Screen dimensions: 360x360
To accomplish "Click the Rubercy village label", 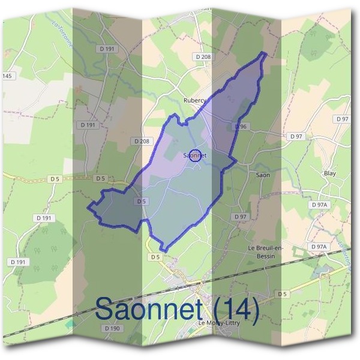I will (194, 100).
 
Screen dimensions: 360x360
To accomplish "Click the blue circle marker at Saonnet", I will (194, 155).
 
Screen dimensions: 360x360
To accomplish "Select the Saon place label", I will (263, 175).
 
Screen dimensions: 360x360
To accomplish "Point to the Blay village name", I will (329, 173).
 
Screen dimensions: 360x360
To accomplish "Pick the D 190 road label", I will (112, 328).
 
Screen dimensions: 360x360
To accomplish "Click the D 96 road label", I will (240, 127).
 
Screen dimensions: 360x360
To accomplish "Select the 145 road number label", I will (7, 76).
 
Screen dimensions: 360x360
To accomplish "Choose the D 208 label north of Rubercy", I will (204, 56).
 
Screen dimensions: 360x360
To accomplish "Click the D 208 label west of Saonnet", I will (142, 141).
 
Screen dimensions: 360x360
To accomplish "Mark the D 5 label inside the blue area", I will (142, 202).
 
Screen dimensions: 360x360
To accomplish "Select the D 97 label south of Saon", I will (241, 216).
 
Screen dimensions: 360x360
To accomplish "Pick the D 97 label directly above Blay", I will (343, 119).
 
